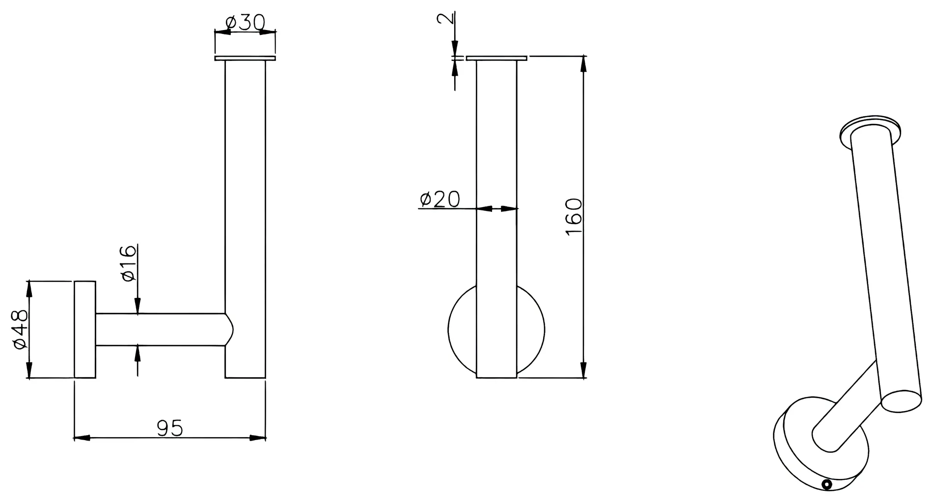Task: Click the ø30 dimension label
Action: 245,22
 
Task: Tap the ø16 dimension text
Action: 128,264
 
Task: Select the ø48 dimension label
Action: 21,329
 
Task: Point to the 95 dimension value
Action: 170,428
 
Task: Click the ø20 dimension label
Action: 440,199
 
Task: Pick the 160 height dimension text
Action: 574,217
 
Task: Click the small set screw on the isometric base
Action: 827,484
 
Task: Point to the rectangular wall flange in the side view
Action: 85,329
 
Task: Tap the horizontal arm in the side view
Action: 160,329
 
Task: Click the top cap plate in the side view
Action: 245,59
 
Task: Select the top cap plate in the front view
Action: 496,58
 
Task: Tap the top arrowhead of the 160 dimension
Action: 583,64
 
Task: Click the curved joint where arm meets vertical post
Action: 229,329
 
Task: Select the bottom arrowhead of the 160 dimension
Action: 583,370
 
